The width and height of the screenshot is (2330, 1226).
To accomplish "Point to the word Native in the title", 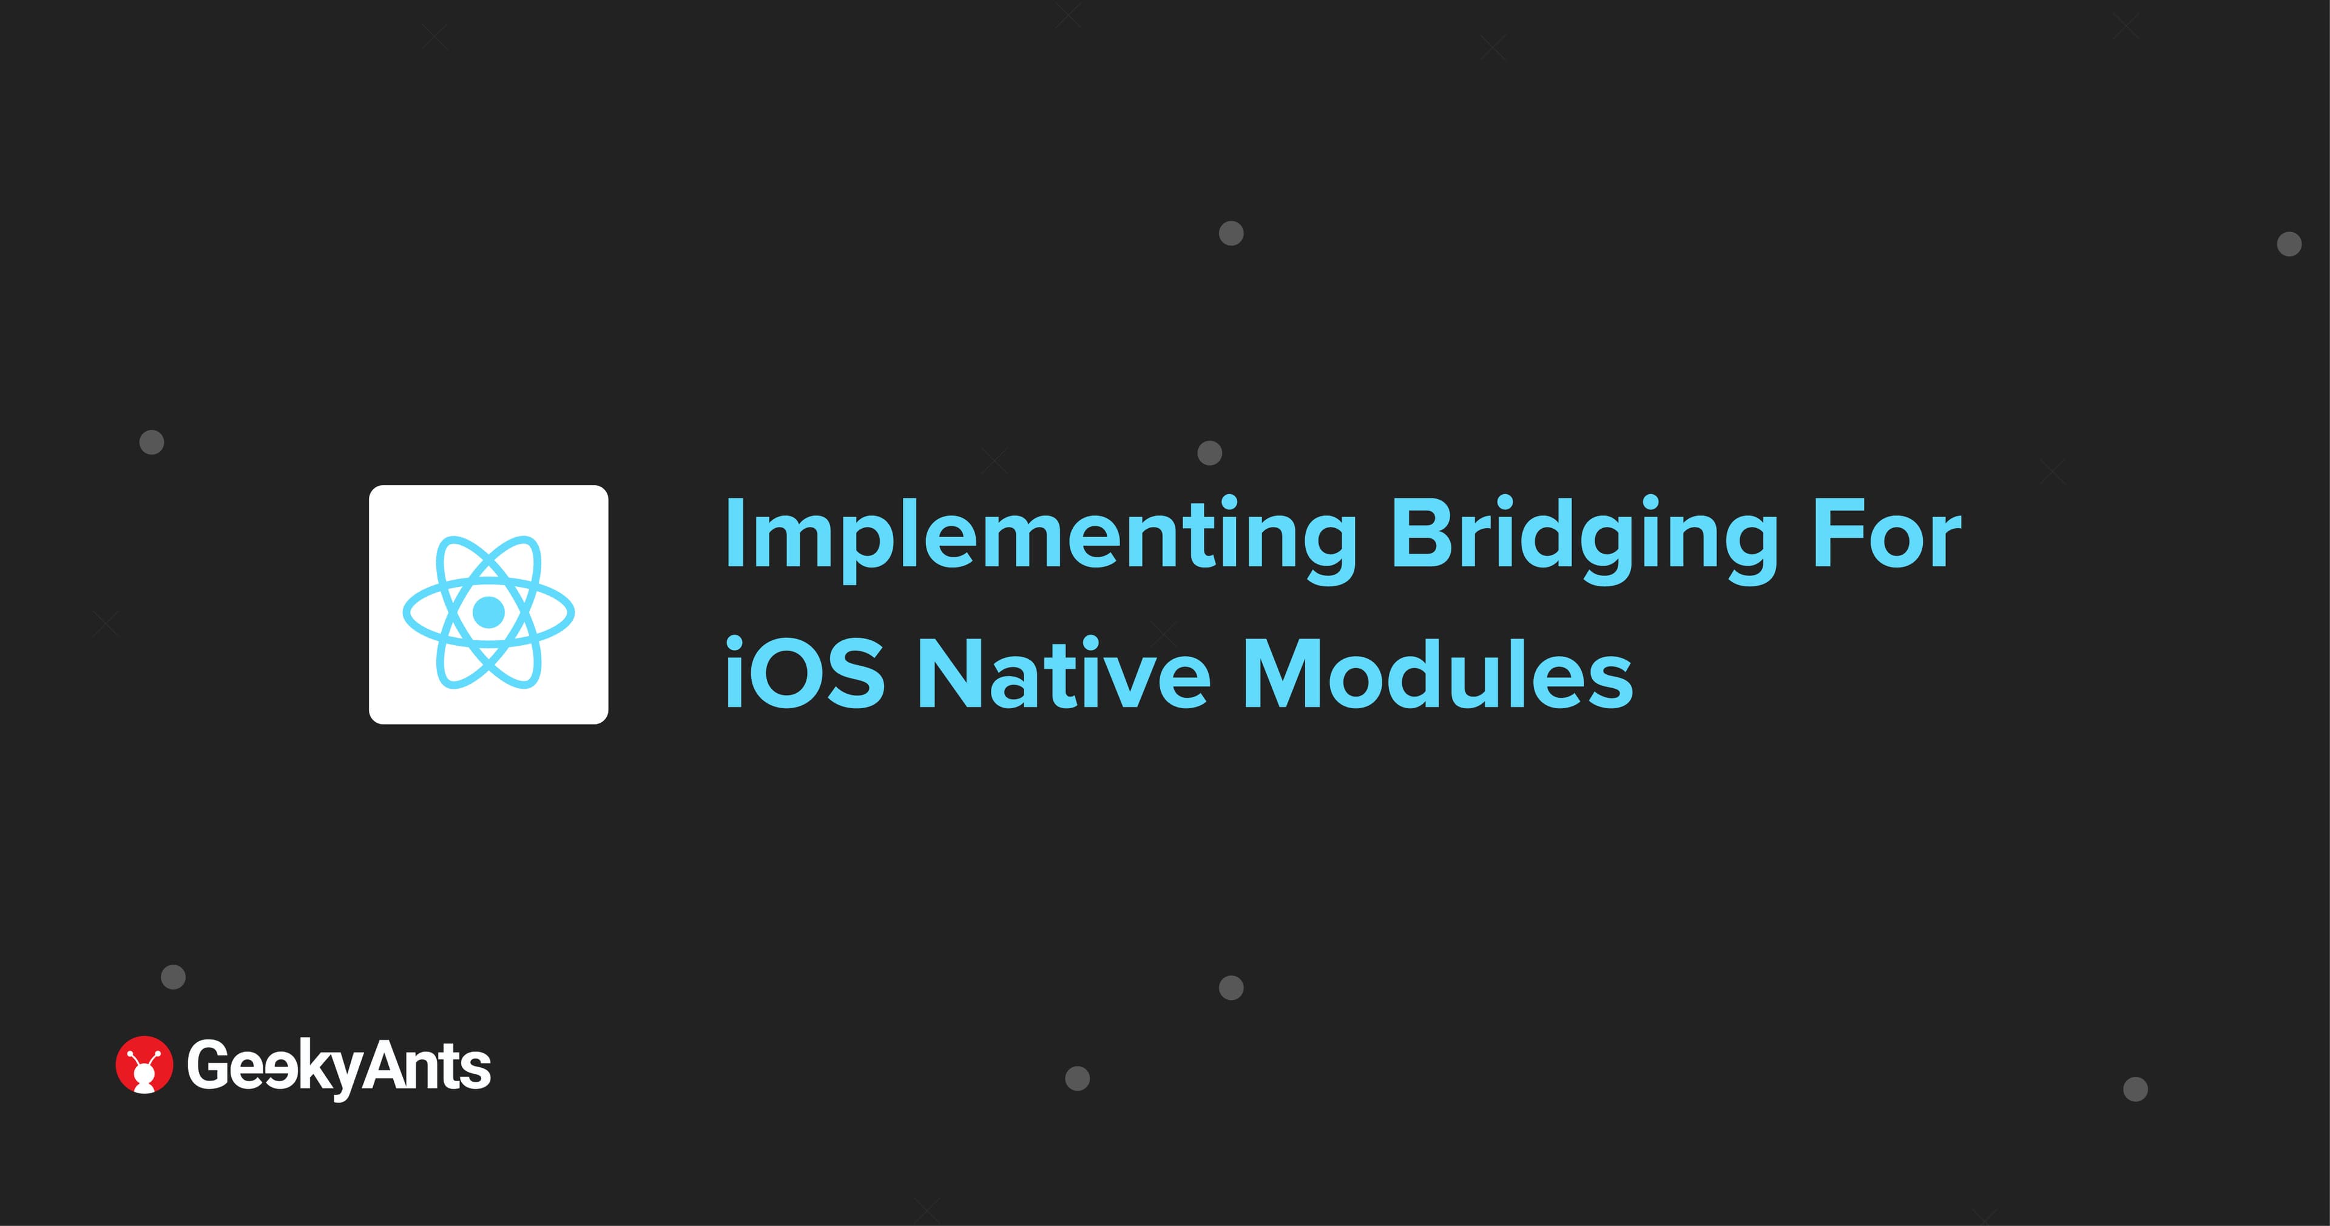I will (1064, 674).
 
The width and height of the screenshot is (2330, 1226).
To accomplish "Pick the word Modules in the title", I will (1438, 674).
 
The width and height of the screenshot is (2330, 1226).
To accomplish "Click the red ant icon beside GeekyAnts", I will (144, 1064).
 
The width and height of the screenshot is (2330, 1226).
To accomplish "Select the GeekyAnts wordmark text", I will (339, 1067).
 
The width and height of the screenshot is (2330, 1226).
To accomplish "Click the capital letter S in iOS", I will (855, 674).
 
